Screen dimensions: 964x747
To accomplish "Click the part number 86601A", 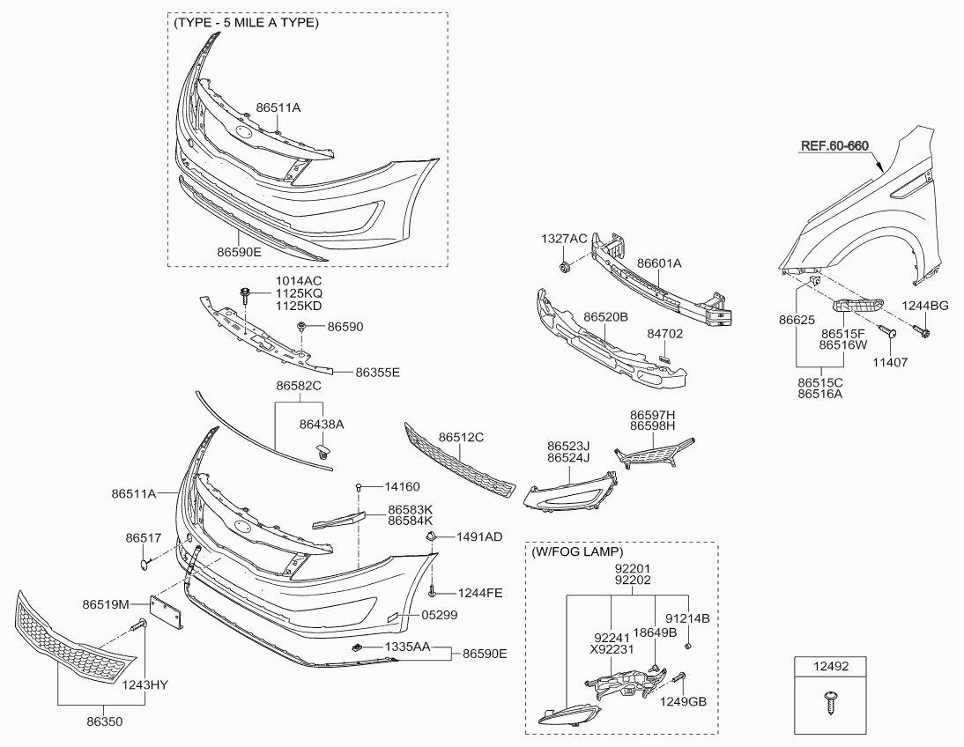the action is click(x=659, y=263).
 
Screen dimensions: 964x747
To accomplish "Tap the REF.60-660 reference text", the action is click(x=834, y=145).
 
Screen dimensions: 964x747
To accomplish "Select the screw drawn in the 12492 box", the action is click(x=831, y=703).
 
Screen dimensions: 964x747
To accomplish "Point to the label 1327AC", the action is click(x=564, y=239).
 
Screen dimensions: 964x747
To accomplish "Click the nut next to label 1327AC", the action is click(x=563, y=268).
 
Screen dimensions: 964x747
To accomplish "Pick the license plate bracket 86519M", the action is click(x=167, y=612).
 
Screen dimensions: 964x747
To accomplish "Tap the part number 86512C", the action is click(x=461, y=437).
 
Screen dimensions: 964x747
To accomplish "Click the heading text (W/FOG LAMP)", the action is click(x=576, y=551).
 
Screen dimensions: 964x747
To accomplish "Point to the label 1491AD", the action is click(x=479, y=536).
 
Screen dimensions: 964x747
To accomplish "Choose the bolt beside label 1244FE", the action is click(x=433, y=591).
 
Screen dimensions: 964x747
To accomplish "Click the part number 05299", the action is click(x=439, y=615).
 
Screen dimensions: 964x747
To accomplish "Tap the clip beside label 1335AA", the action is click(x=357, y=647).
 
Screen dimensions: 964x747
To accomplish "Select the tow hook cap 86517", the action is click(x=144, y=563).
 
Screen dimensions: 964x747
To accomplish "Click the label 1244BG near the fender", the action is click(x=924, y=306).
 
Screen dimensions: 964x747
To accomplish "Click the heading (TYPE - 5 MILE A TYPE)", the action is click(x=246, y=23).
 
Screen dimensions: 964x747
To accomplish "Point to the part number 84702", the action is click(x=664, y=334).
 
